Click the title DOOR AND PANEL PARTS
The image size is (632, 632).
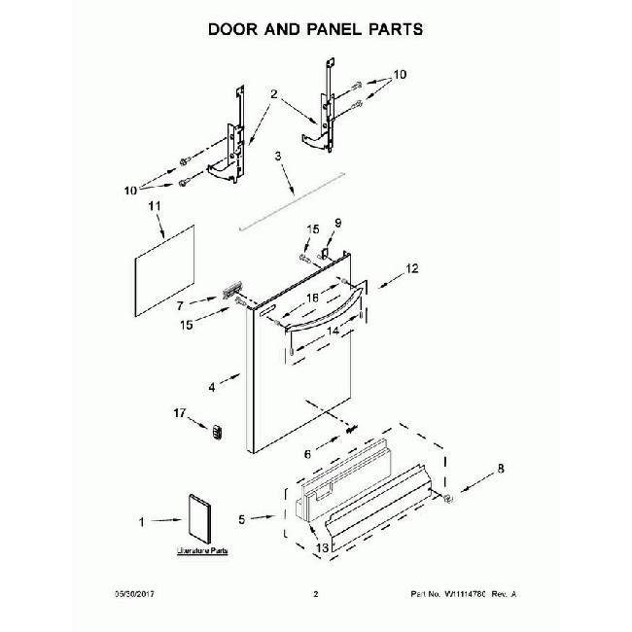click(316, 29)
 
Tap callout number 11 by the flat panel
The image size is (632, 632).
click(153, 207)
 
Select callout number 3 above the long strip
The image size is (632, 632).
click(278, 156)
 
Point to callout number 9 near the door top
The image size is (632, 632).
click(339, 223)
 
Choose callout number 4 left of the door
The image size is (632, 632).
click(211, 387)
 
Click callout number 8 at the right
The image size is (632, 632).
click(502, 468)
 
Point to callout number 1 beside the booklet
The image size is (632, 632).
click(142, 522)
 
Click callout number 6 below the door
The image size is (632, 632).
click(308, 453)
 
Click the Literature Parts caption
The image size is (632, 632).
click(201, 551)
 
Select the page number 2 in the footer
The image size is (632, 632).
click(315, 594)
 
